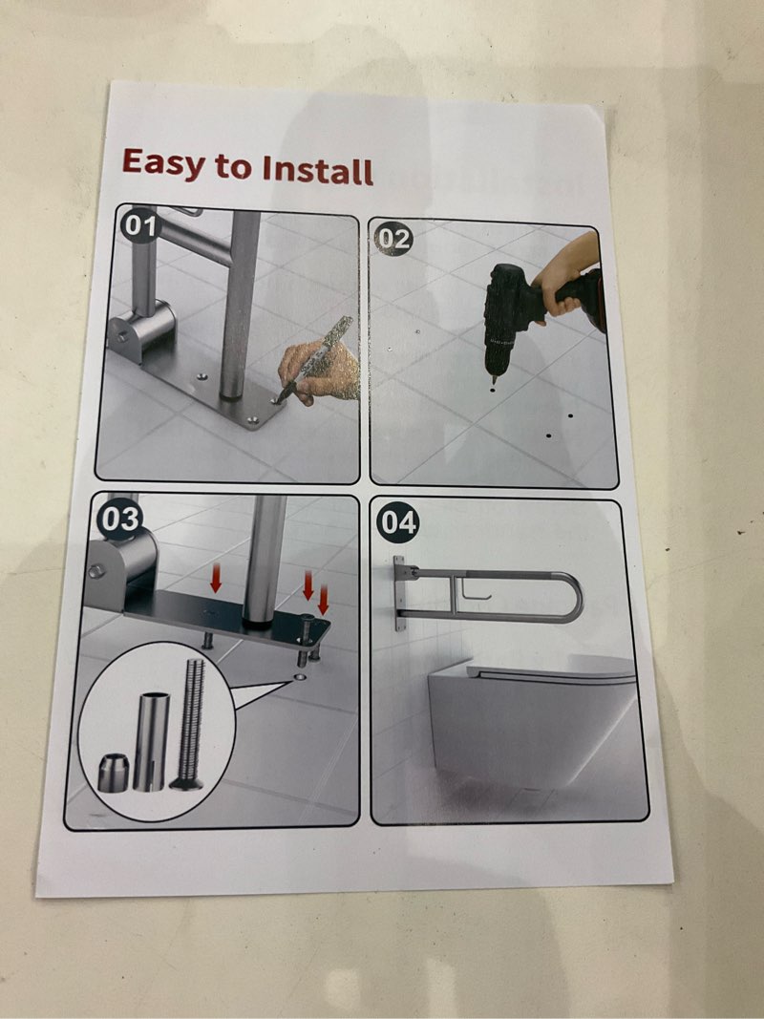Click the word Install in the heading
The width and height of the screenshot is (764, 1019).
(x=316, y=171)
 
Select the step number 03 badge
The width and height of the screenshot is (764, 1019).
(x=120, y=519)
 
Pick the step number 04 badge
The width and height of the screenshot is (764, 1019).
(x=397, y=523)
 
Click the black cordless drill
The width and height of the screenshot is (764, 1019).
(x=511, y=315)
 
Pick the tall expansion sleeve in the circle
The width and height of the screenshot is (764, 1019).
(x=150, y=741)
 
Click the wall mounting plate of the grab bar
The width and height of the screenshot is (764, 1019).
(x=399, y=593)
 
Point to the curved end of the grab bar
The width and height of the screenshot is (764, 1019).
(x=570, y=597)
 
